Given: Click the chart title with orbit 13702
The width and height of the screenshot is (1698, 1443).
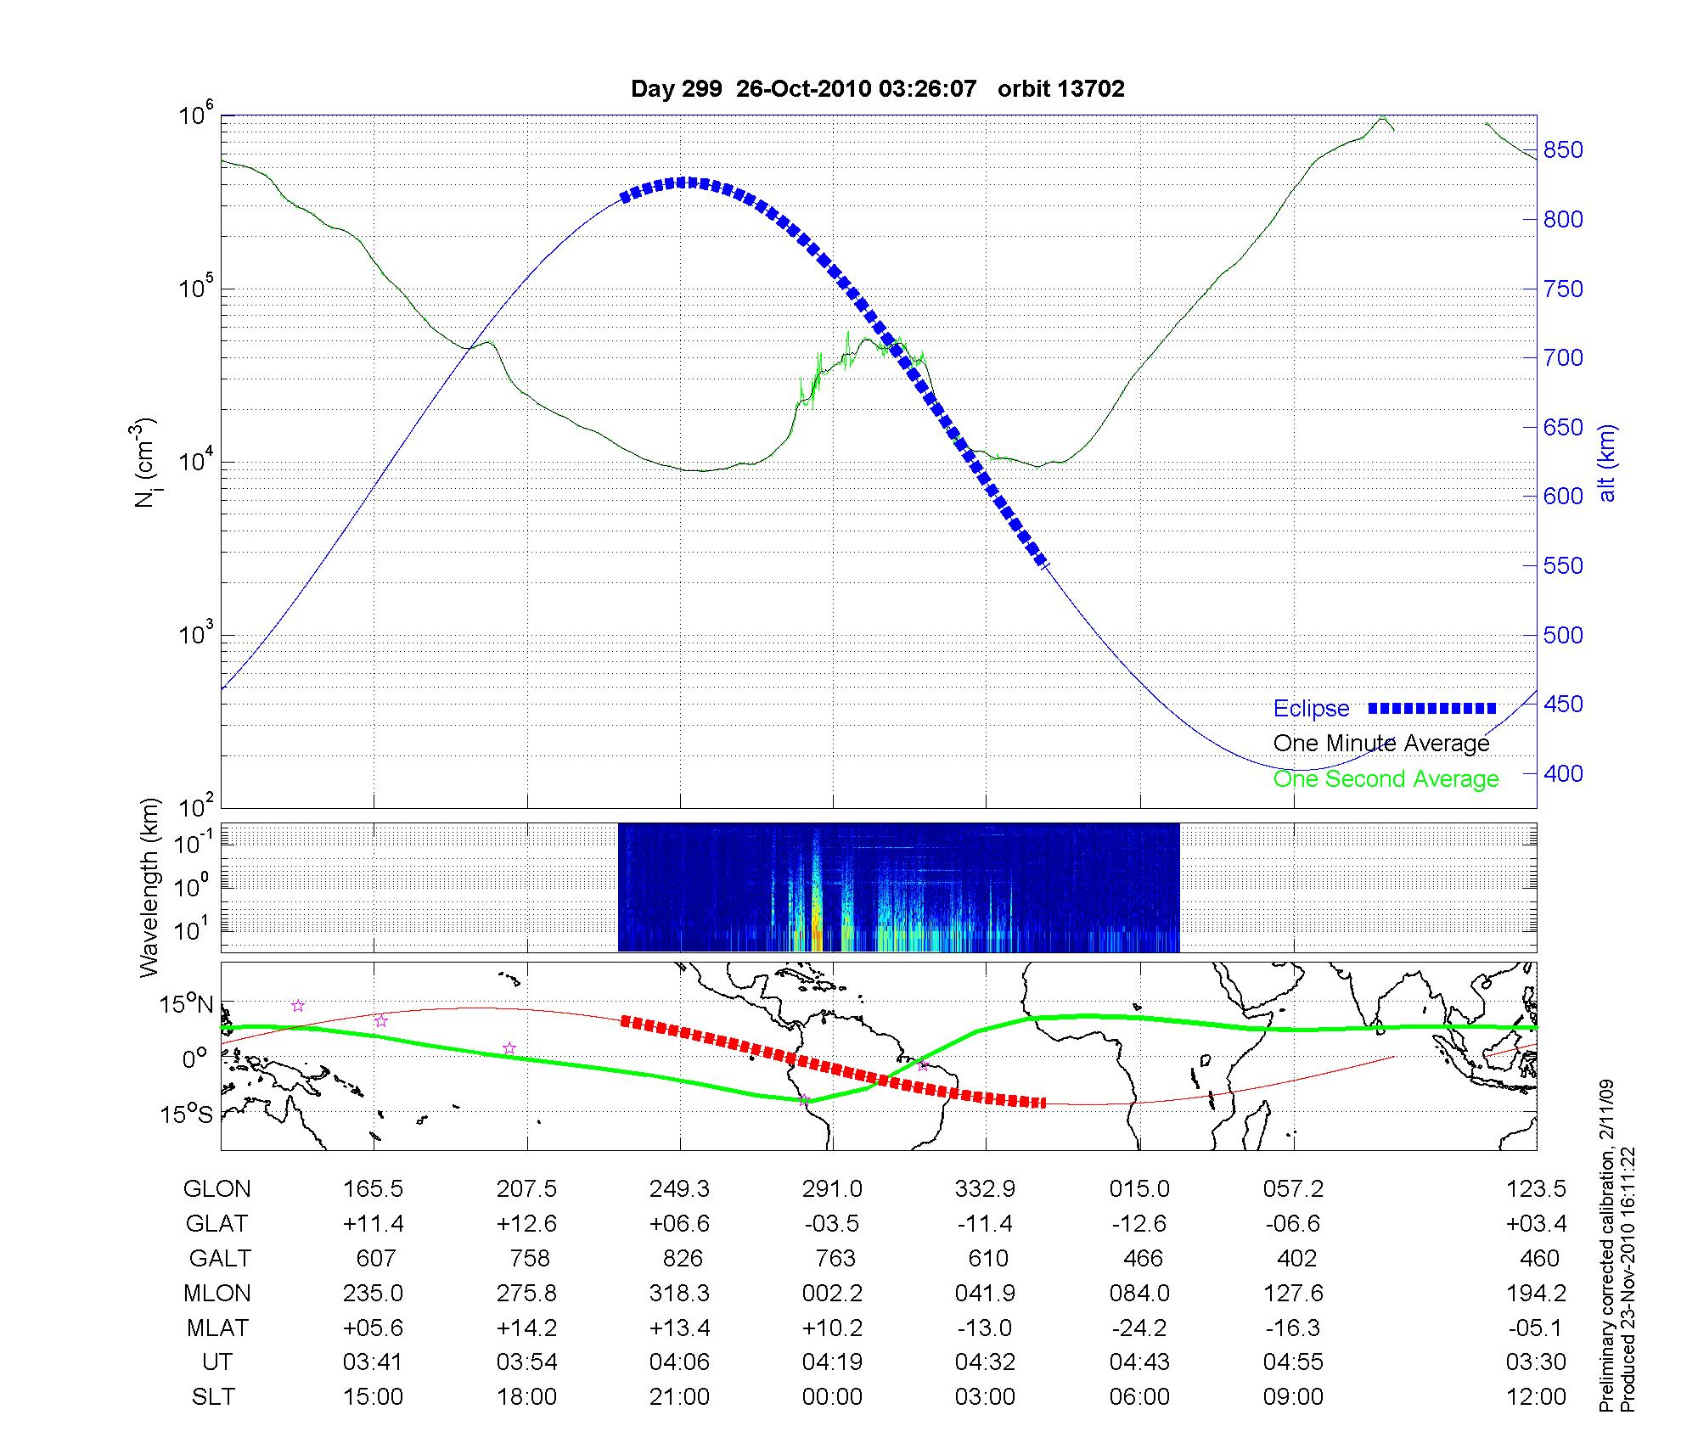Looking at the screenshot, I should click(x=878, y=89).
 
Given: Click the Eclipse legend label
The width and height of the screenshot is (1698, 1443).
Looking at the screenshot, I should click(x=1311, y=709).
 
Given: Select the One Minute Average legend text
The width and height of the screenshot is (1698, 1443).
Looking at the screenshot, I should click(x=1381, y=744).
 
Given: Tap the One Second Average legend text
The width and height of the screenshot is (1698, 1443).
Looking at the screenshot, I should click(x=1386, y=779).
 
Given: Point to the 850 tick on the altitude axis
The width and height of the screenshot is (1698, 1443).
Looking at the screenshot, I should click(x=1563, y=150).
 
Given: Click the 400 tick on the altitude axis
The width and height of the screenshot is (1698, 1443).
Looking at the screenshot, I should click(x=1563, y=773).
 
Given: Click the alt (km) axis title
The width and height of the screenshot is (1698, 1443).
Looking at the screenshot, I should click(x=1607, y=463).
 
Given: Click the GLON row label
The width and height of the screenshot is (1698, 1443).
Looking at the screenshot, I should click(x=216, y=1189).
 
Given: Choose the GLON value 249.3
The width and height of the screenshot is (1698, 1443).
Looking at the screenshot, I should click(x=679, y=1189).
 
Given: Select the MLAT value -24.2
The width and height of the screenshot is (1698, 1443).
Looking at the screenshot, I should click(x=1139, y=1328).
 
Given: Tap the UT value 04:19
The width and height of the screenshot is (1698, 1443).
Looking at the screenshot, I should click(x=832, y=1362).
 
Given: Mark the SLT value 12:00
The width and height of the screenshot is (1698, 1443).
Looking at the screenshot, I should click(x=1536, y=1397).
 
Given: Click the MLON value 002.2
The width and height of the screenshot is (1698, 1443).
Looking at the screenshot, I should click(x=832, y=1294).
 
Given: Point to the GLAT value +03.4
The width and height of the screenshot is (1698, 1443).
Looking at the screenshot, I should click(x=1536, y=1224).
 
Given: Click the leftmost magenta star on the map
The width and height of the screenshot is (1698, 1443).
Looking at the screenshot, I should click(x=298, y=1006).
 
